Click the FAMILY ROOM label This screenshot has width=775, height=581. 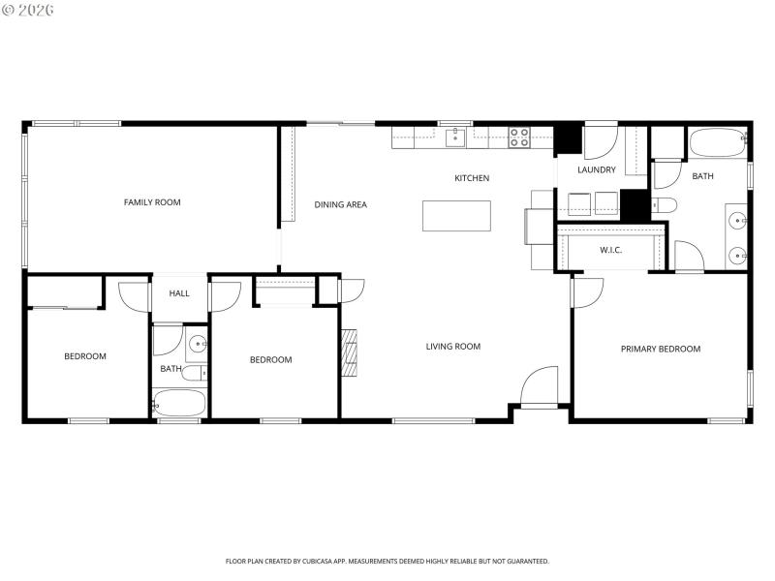click(x=152, y=202)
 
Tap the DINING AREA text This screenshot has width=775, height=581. click(x=340, y=204)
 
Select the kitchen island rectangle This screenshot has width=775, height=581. click(x=456, y=216)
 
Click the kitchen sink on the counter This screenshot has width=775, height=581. click(x=456, y=138)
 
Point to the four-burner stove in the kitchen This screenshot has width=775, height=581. click(x=519, y=138)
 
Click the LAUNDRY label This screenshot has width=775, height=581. click(x=596, y=170)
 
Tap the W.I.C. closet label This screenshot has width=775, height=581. click(x=610, y=250)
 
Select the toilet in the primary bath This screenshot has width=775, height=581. click(x=664, y=204)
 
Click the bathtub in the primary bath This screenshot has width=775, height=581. click(x=718, y=143)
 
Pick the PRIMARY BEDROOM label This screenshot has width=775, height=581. click(x=660, y=349)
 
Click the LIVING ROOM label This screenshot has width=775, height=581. click(x=453, y=346)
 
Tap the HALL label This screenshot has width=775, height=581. click(x=179, y=293)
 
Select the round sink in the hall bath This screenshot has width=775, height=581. click(x=196, y=343)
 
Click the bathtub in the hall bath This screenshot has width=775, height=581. click(x=179, y=403)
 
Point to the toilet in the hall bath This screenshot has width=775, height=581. click(x=194, y=374)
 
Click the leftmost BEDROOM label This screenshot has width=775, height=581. click(x=85, y=356)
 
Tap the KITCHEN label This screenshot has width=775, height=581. click(x=472, y=178)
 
